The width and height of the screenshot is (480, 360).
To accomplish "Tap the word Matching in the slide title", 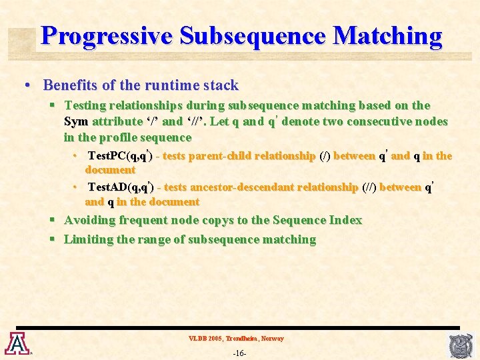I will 387,35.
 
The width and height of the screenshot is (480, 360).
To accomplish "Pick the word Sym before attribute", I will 75,121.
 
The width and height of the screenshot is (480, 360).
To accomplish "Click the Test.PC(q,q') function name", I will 120,156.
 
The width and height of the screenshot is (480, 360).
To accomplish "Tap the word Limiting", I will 89,239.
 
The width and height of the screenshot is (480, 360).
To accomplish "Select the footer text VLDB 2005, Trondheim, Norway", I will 236,339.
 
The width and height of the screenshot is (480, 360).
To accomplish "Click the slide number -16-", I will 239,353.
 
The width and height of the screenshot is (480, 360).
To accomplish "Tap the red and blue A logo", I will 15,343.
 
